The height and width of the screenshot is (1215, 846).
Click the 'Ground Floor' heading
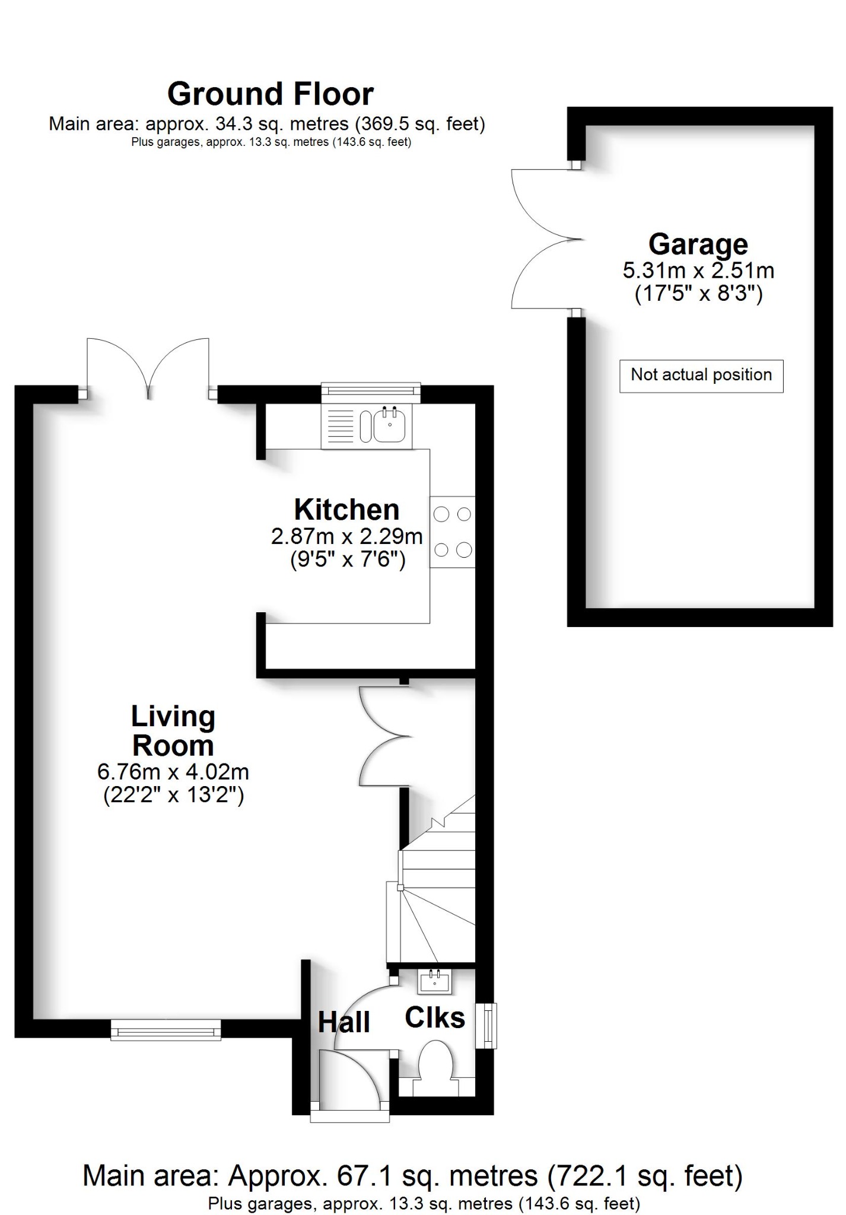click(271, 94)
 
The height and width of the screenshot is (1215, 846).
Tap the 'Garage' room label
click(698, 244)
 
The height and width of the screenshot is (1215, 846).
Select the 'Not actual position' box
click(701, 376)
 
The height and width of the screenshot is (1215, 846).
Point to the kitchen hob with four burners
click(453, 532)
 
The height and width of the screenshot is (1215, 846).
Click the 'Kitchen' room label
click(347, 510)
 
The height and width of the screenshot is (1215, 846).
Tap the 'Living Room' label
click(173, 731)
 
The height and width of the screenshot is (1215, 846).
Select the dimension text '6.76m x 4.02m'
click(173, 772)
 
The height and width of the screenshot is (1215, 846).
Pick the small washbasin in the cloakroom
click(435, 981)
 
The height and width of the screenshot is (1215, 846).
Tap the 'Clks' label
click(435, 1019)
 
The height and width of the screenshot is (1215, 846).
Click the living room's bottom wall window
click(166, 1030)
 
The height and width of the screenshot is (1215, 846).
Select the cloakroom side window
click(487, 1025)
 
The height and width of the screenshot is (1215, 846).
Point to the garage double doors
click(546, 239)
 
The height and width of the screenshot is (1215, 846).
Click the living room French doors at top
click(148, 368)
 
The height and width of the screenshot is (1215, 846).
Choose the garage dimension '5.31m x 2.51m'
click(698, 271)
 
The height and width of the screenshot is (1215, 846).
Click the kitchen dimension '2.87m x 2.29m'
click(347, 537)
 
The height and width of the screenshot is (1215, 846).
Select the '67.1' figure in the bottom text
click(360, 1175)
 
